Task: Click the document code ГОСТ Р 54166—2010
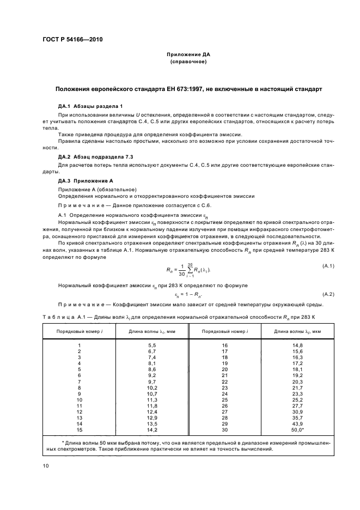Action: pyautogui.click(x=73, y=40)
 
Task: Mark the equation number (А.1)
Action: pyautogui.click(x=328, y=265)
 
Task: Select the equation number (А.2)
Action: pyautogui.click(x=328, y=294)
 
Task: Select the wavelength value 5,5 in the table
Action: pyautogui.click(x=152, y=345)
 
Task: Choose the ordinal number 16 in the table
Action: pyautogui.click(x=224, y=345)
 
